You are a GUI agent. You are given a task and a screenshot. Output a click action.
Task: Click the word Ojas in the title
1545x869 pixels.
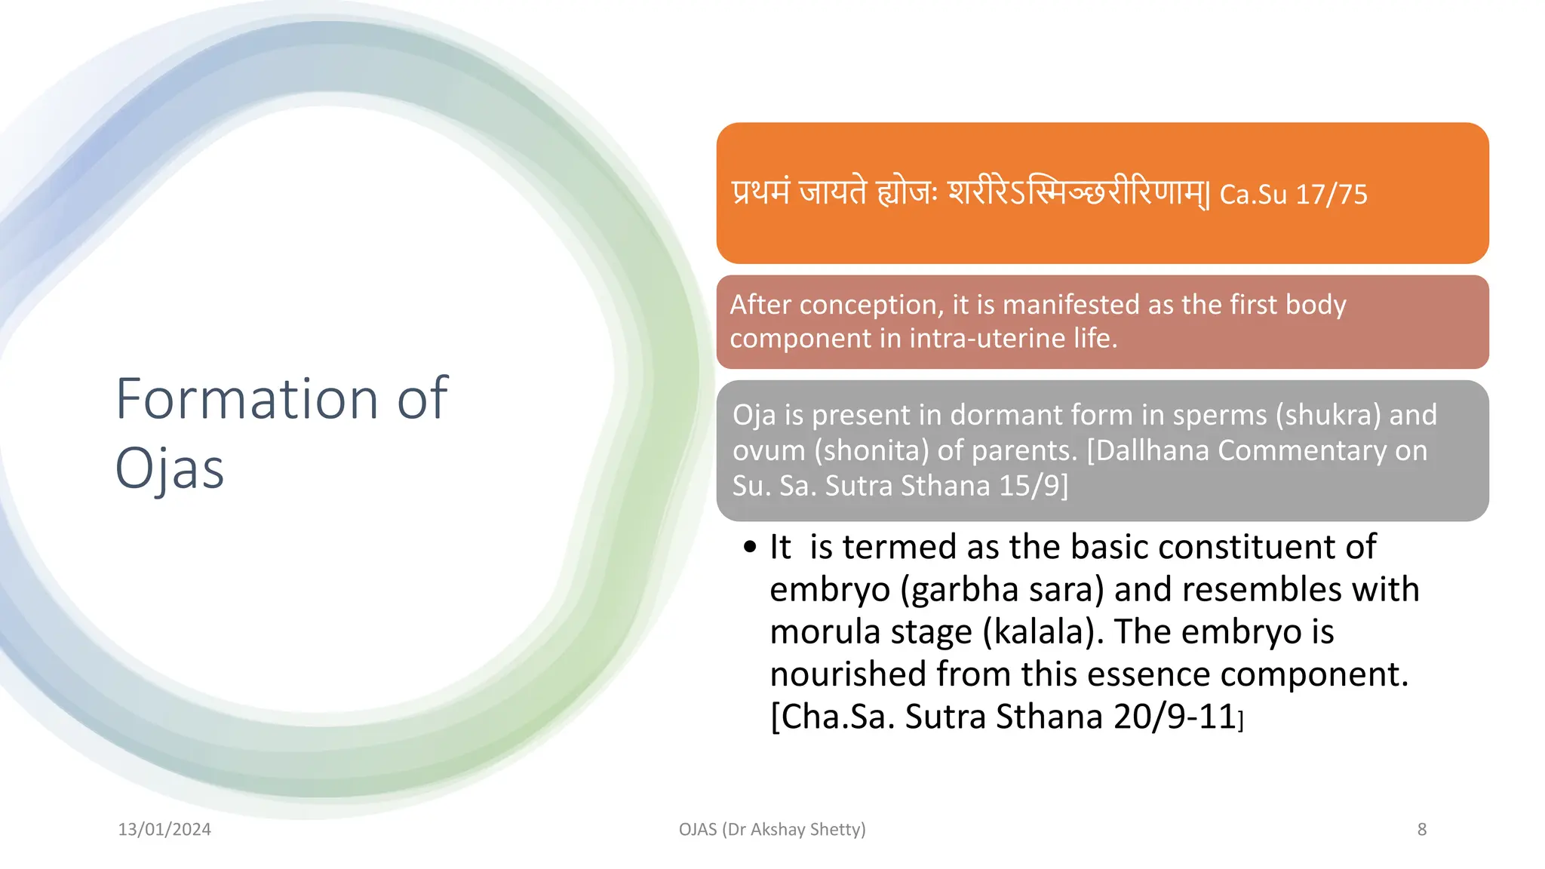click(170, 468)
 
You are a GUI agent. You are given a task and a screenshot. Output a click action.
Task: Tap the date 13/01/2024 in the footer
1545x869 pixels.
click(164, 829)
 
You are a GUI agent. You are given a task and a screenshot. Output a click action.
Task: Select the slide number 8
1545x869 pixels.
click(1421, 829)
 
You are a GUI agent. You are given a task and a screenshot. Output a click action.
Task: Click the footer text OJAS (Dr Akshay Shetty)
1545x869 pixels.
click(772, 829)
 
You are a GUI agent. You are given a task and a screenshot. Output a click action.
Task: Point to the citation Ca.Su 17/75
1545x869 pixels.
click(1293, 195)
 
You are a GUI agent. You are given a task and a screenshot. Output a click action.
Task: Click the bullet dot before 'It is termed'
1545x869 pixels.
click(749, 548)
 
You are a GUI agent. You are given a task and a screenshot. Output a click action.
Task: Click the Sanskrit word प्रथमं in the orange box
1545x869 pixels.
click(761, 192)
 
